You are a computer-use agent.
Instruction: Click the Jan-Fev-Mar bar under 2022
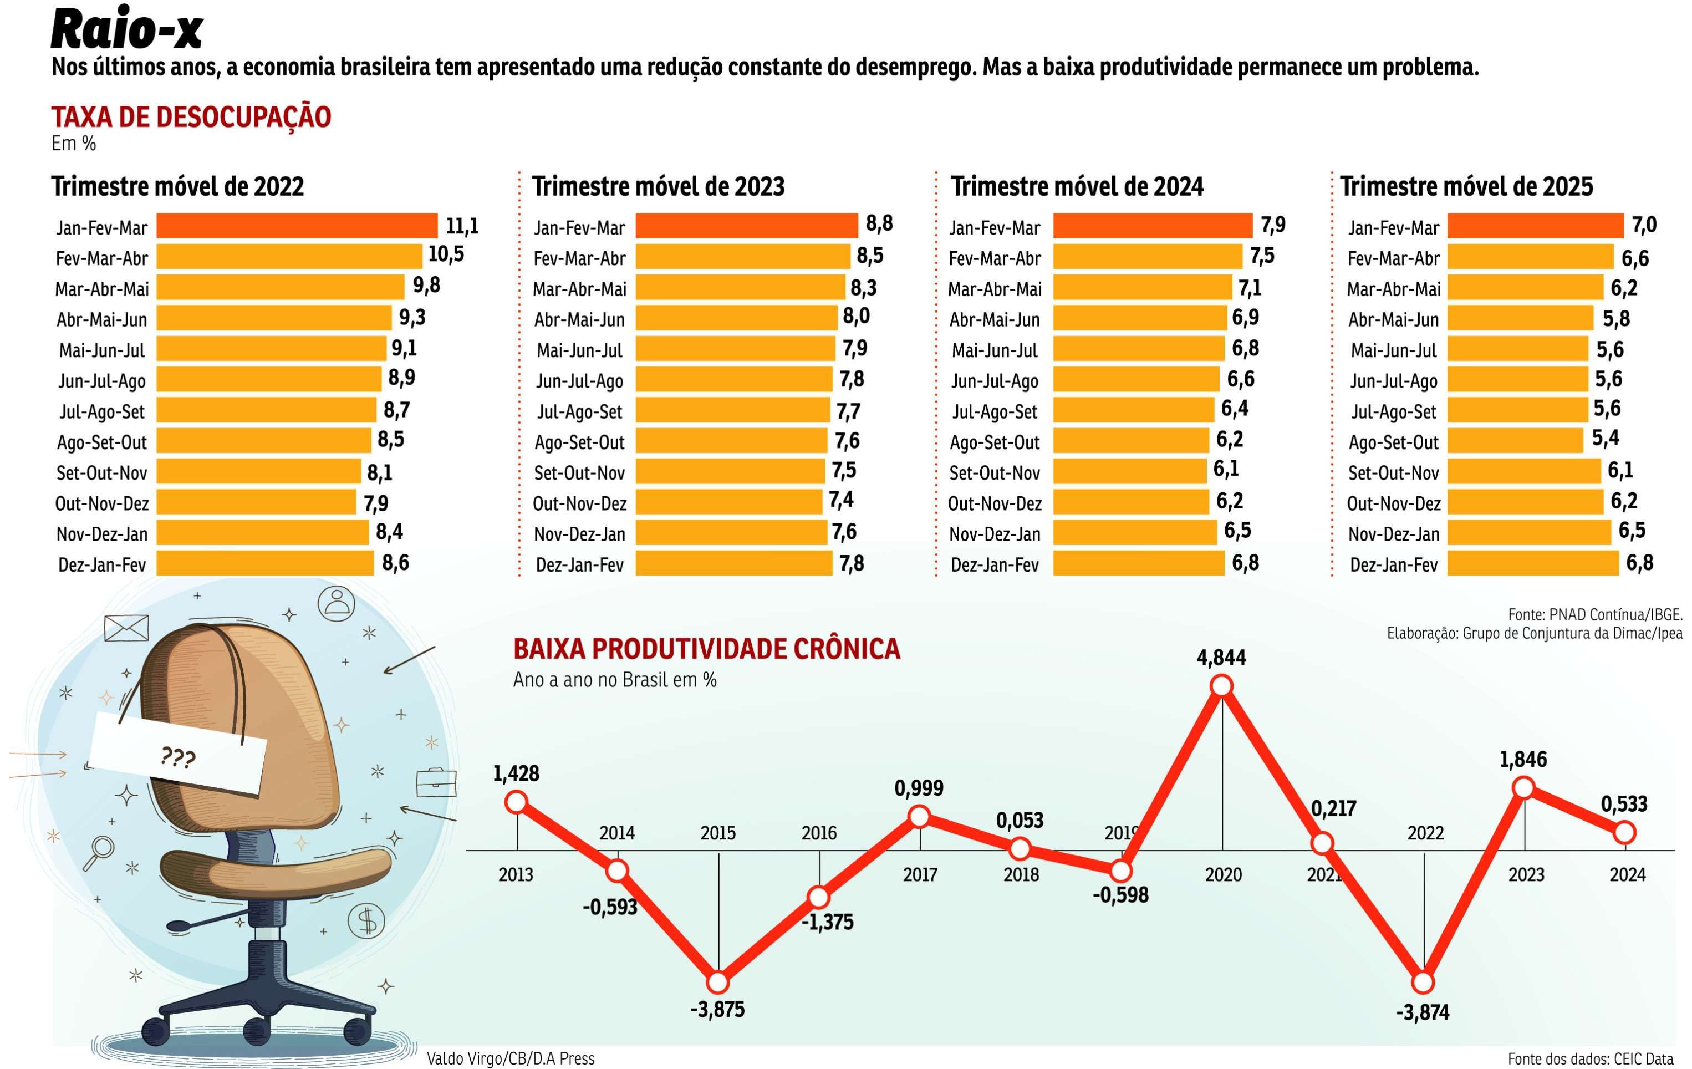pyautogui.click(x=297, y=226)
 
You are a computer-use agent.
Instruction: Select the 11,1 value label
pyautogui.click(x=462, y=226)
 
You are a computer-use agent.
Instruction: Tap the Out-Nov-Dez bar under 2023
pyautogui.click(x=728, y=502)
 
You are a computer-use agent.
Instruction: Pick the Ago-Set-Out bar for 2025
pyautogui.click(x=1515, y=441)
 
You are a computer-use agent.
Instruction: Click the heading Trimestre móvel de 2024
pyautogui.click(x=1077, y=187)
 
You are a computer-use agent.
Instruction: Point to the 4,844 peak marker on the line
pyautogui.click(x=1222, y=685)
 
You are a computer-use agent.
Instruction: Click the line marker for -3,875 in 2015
pyautogui.click(x=717, y=981)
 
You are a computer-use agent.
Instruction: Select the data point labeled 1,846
pyautogui.click(x=1523, y=787)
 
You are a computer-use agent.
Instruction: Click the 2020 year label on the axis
pyautogui.click(x=1224, y=874)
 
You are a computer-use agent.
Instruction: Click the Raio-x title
pyautogui.click(x=126, y=29)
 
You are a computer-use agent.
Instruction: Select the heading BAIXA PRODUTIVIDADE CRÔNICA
pyautogui.click(x=706, y=649)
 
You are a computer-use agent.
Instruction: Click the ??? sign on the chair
pyautogui.click(x=178, y=757)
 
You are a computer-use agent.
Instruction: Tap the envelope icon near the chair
pyautogui.click(x=126, y=628)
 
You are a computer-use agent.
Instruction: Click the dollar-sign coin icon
pyautogui.click(x=366, y=920)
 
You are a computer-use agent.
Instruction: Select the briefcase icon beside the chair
pyautogui.click(x=436, y=782)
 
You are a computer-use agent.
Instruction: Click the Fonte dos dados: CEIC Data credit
pyautogui.click(x=1590, y=1058)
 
